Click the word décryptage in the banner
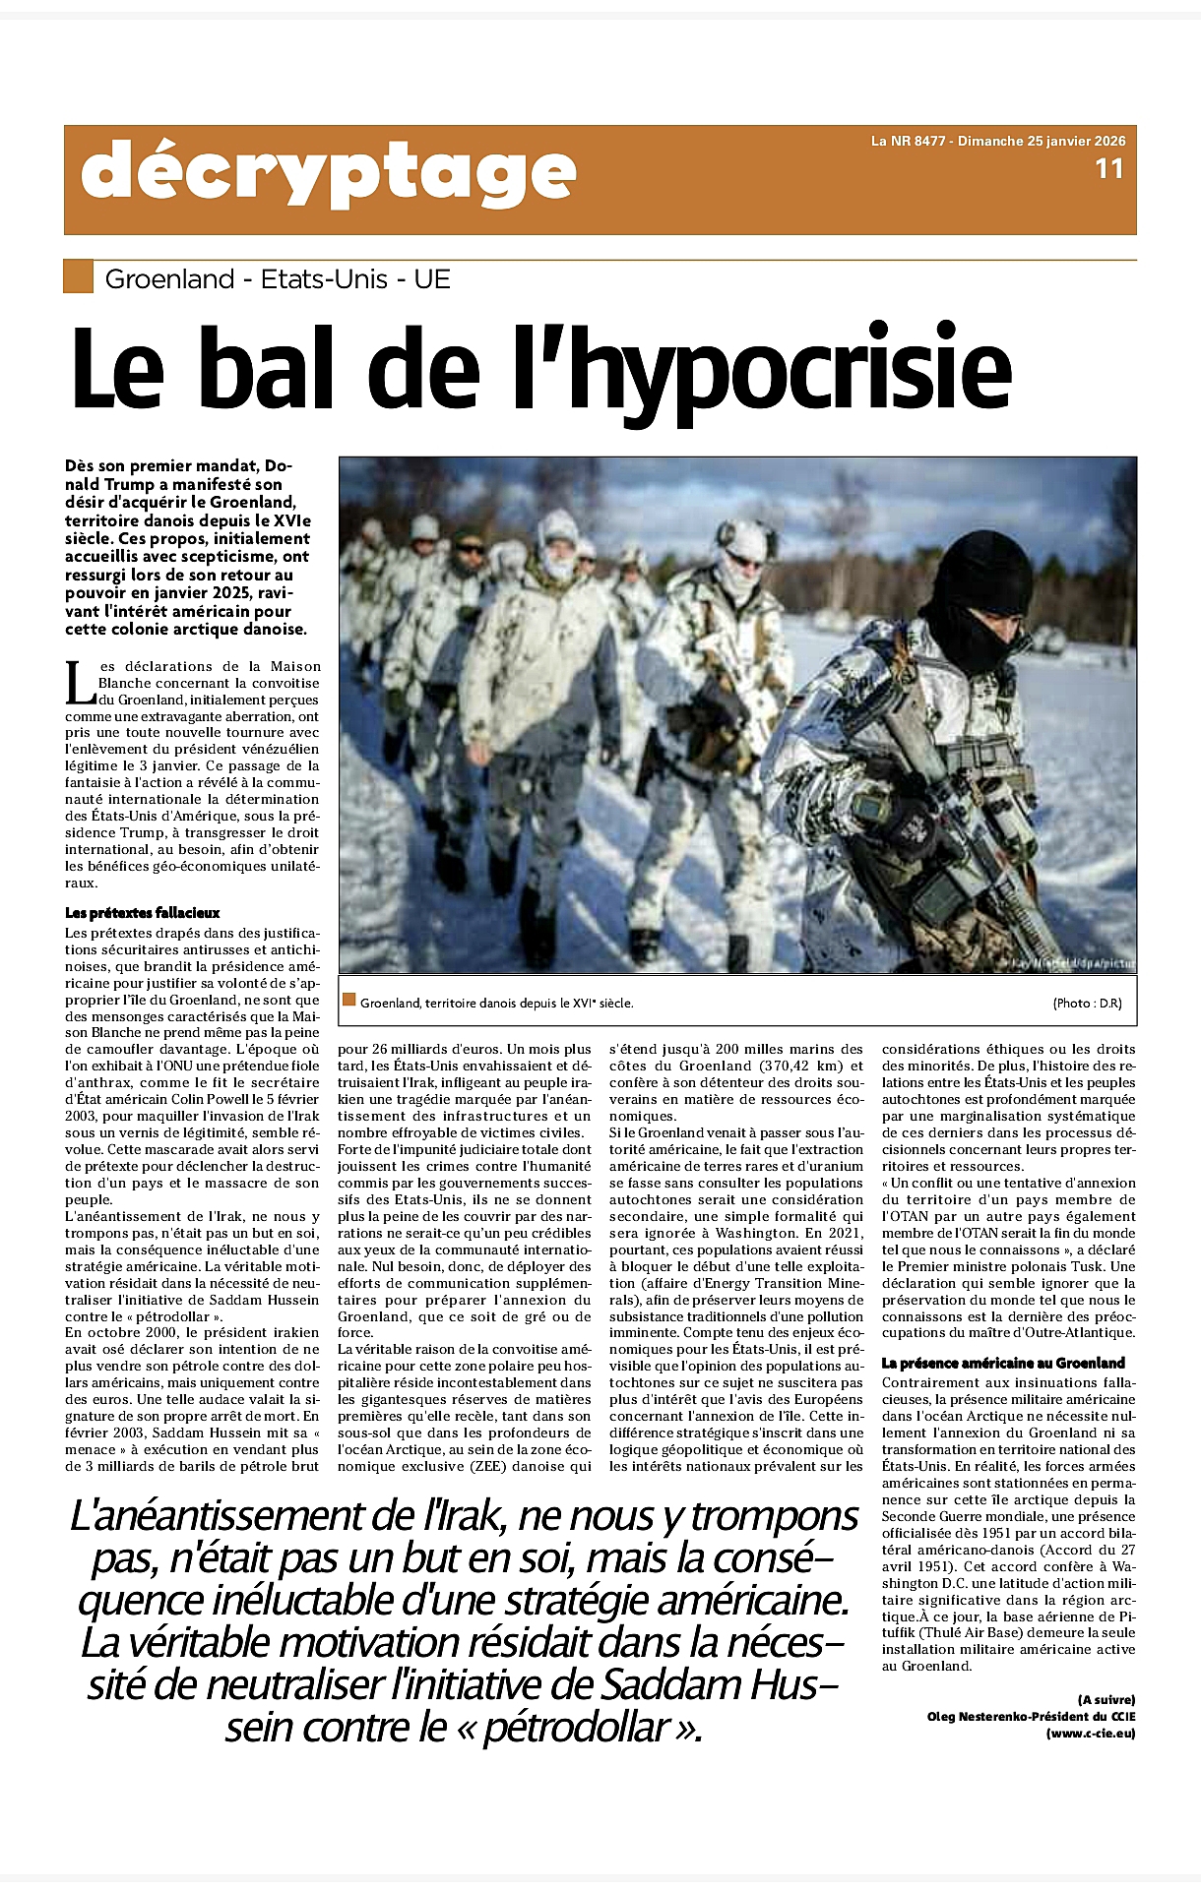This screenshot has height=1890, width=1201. pyautogui.click(x=328, y=174)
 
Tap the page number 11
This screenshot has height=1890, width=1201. pyautogui.click(x=1108, y=169)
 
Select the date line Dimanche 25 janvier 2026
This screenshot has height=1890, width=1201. pyautogui.click(x=1042, y=141)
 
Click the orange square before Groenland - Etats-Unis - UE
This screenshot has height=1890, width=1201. pyautogui.click(x=78, y=276)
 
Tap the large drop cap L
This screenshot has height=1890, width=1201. pyautogui.click(x=79, y=683)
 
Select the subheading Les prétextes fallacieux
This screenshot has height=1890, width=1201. pyautogui.click(x=143, y=913)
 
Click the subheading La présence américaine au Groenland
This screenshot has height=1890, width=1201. pyautogui.click(x=1003, y=1363)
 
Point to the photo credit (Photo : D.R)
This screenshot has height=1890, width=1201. pyautogui.click(x=1087, y=1004)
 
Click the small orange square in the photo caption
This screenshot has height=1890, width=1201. pyautogui.click(x=348, y=1001)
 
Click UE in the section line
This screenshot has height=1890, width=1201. pyautogui.click(x=431, y=279)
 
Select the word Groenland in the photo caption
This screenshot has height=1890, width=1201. pyautogui.click(x=390, y=1004)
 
